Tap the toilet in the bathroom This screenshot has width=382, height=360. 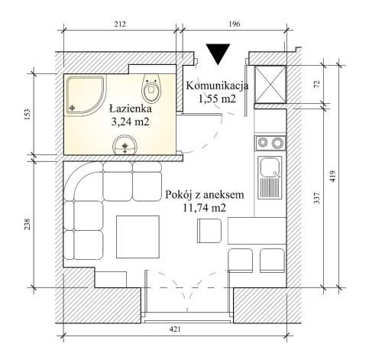(151, 88)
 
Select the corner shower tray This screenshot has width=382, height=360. (86, 96)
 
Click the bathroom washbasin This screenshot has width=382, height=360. (125, 144)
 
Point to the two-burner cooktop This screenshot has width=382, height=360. (270, 143)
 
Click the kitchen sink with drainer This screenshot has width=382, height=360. (270, 177)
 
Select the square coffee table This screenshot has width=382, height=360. (138, 237)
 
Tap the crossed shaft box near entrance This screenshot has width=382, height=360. (270, 85)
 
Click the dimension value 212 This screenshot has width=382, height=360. (120, 24)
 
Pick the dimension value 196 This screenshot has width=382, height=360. (235, 24)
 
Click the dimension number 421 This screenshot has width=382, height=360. (175, 329)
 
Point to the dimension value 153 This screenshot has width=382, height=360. (28, 115)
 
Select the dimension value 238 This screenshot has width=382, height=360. (28, 224)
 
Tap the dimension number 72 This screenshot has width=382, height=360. (317, 84)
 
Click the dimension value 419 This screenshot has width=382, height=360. (333, 176)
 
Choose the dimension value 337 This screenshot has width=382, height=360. (317, 198)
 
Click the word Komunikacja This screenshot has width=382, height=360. (217, 86)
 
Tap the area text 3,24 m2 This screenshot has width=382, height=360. (130, 122)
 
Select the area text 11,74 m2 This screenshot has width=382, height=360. (204, 208)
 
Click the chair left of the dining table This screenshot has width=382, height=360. (209, 231)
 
